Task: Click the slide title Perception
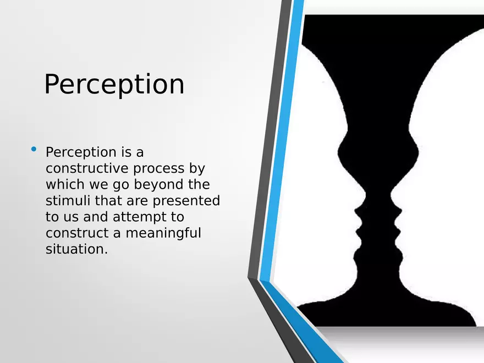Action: pos(114,85)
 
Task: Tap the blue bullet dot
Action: pos(34,149)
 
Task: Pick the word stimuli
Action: pos(64,201)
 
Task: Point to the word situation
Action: pos(76,249)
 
